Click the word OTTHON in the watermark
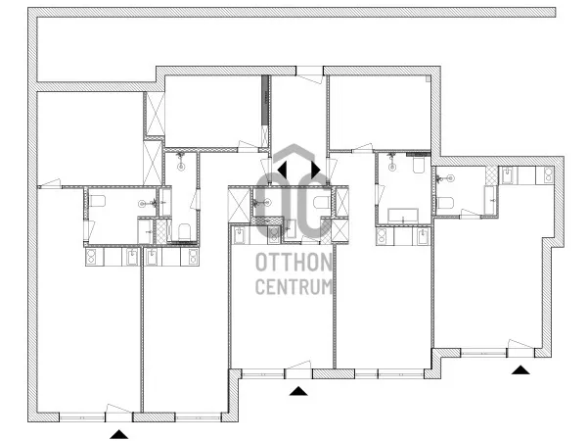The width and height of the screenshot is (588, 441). point(294,262)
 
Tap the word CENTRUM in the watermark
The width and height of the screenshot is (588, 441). point(294,286)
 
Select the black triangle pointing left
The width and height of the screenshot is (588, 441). point(282,170)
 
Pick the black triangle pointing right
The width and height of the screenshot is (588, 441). point(316,170)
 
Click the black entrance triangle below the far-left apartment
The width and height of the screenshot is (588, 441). point(119,434)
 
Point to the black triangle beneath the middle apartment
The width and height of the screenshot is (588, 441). point(298,391)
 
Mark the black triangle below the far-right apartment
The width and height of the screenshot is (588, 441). point(520,369)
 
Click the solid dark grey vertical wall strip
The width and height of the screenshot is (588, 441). point(265,100)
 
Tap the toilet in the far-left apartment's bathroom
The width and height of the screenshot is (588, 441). point(97,201)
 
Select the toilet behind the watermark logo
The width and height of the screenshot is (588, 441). point(322,202)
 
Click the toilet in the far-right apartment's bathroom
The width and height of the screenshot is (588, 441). point(446,203)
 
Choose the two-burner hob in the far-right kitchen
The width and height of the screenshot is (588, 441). point(545,175)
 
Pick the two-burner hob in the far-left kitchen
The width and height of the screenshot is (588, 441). point(92,257)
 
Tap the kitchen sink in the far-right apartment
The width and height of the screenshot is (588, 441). point(508,175)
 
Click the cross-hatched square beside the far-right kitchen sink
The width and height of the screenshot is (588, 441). point(491,175)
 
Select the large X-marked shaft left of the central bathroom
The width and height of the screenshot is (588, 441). point(239,206)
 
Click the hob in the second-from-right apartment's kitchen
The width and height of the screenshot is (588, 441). point(383,236)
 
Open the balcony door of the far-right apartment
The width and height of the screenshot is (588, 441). point(520,349)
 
